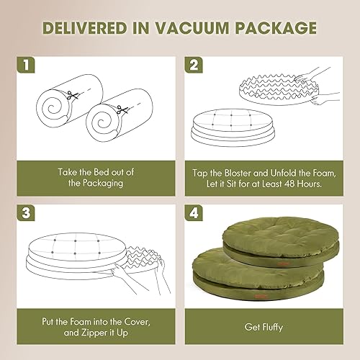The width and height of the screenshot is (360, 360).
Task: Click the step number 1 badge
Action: (x=26, y=65)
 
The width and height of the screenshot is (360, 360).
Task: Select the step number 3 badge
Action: (x=26, y=215)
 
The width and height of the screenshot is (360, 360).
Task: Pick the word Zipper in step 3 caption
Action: (x=119, y=333)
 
